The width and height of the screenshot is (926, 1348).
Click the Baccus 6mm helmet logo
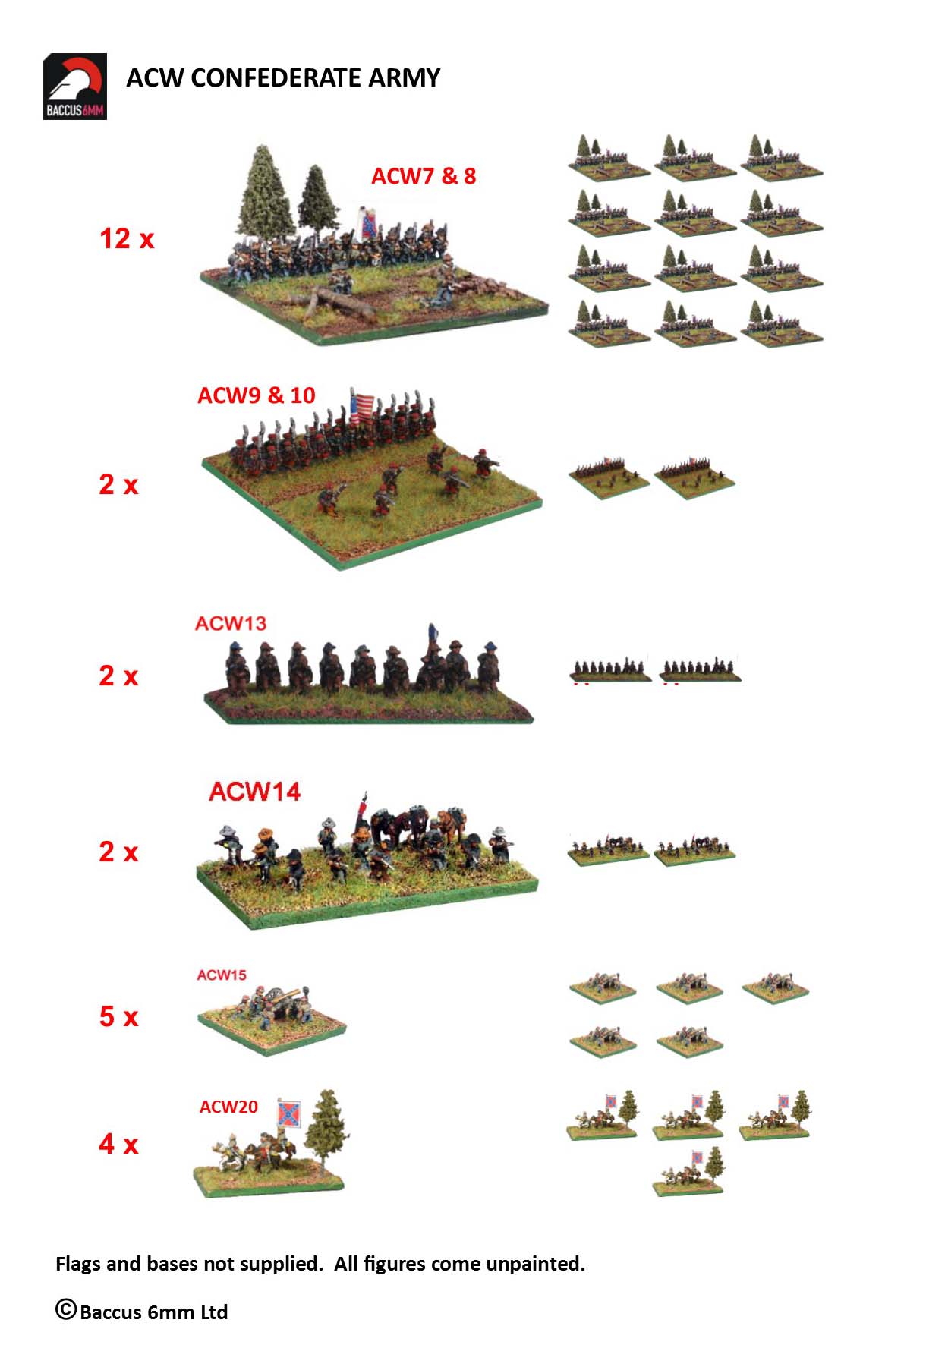(x=74, y=87)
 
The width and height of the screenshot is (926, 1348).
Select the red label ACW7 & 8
(x=424, y=176)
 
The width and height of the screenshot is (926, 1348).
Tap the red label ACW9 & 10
(x=257, y=395)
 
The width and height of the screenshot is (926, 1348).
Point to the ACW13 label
(x=231, y=623)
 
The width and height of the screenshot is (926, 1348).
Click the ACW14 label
(x=255, y=792)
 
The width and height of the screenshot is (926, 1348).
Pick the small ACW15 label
(x=222, y=975)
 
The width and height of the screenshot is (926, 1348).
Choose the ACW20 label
(x=228, y=1107)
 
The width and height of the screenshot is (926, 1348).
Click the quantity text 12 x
(x=127, y=238)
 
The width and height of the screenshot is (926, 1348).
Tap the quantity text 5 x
(x=118, y=1016)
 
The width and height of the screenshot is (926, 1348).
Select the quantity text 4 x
(x=118, y=1144)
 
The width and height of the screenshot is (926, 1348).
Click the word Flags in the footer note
(x=78, y=1264)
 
